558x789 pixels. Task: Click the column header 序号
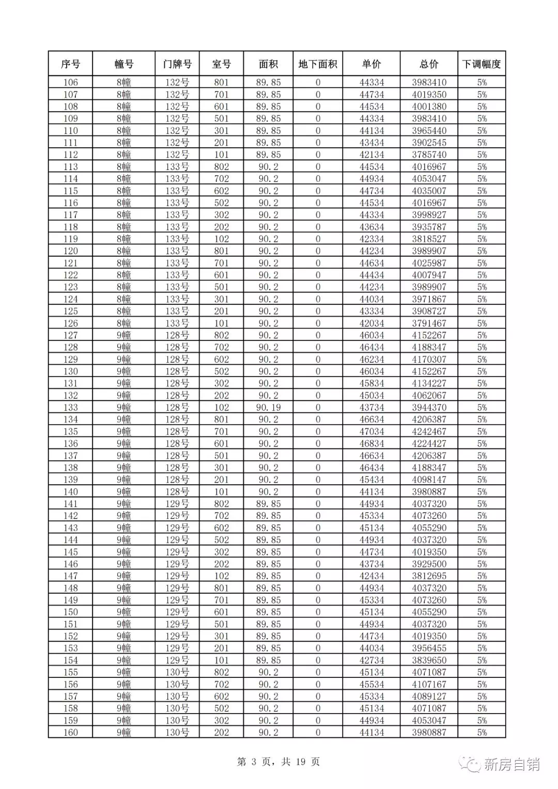pyautogui.click(x=70, y=64)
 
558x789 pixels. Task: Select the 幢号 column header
pyautogui.click(x=123, y=64)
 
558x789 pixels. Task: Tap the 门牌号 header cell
pyautogui.click(x=177, y=64)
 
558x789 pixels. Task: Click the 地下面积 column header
pyautogui.click(x=318, y=64)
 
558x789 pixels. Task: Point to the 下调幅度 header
pyautogui.click(x=482, y=64)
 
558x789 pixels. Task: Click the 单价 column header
pyautogui.click(x=371, y=64)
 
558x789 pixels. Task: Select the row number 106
pyautogui.click(x=70, y=83)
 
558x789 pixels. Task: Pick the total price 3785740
pyautogui.click(x=429, y=155)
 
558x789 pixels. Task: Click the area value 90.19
pyautogui.click(x=269, y=408)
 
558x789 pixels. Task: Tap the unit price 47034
pyautogui.click(x=371, y=432)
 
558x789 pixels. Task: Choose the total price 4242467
pyautogui.click(x=429, y=432)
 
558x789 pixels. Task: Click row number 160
pyautogui.click(x=70, y=733)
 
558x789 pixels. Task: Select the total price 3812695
pyautogui.click(x=429, y=576)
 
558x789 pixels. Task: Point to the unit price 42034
pyautogui.click(x=371, y=323)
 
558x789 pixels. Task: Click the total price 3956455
pyautogui.click(x=429, y=648)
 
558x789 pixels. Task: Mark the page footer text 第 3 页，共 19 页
pyautogui.click(x=278, y=762)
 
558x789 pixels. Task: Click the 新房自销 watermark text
pyautogui.click(x=512, y=764)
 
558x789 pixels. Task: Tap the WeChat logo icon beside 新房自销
pyautogui.click(x=471, y=764)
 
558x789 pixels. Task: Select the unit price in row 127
pyautogui.click(x=371, y=335)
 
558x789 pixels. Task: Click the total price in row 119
pyautogui.click(x=429, y=239)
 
